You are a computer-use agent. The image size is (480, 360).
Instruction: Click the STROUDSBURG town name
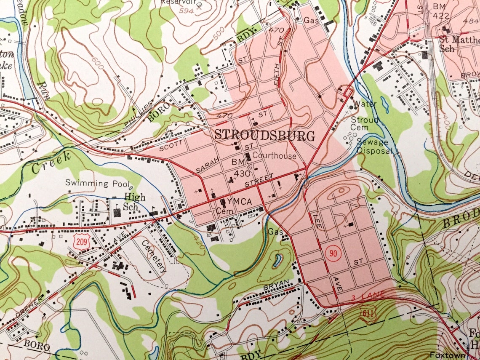pyautogui.click(x=264, y=136)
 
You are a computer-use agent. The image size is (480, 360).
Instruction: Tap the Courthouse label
pyautogui.click(x=274, y=156)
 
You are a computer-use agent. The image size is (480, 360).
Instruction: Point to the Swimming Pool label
pyautogui.click(x=96, y=183)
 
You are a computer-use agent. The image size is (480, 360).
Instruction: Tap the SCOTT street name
pyautogui.click(x=172, y=145)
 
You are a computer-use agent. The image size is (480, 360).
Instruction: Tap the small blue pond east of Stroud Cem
pyautogui.click(x=385, y=104)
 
